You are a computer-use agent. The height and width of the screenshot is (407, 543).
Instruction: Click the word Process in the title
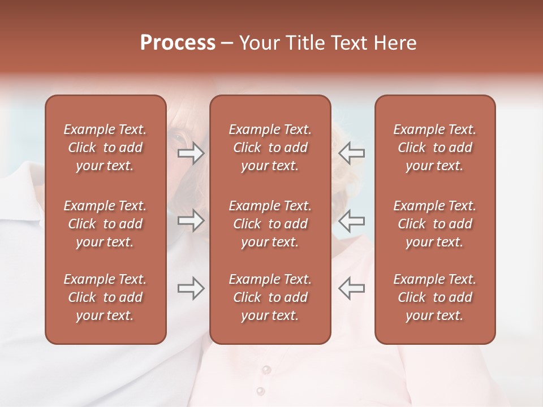click(x=178, y=43)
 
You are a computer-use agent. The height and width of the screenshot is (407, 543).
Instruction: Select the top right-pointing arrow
click(x=191, y=153)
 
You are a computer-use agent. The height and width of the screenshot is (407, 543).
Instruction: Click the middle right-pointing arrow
click(x=191, y=220)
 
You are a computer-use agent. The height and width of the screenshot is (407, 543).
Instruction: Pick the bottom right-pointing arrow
click(x=191, y=288)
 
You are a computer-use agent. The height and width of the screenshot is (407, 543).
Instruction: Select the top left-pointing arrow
click(x=351, y=153)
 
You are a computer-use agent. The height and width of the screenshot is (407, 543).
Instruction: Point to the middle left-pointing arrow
click(x=351, y=220)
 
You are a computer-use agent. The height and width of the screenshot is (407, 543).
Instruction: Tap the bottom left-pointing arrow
click(x=351, y=288)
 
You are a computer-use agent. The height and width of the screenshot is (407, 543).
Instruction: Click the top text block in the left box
click(x=105, y=148)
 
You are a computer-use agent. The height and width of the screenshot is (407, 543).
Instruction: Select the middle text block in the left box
click(x=105, y=224)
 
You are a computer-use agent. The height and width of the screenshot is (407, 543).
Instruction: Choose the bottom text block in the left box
click(x=105, y=297)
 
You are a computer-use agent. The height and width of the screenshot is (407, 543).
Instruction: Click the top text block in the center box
click(x=270, y=148)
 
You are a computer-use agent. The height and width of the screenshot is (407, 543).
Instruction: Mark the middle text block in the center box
click(x=270, y=224)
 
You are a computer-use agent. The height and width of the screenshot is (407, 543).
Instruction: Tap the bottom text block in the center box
click(x=270, y=297)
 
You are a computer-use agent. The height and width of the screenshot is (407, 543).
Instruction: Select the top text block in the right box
click(x=435, y=148)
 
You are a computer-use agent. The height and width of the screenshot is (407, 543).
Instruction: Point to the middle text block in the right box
click(x=435, y=224)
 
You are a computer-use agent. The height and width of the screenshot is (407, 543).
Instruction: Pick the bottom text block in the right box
click(x=435, y=297)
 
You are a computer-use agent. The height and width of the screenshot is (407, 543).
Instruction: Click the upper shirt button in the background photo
click(x=265, y=370)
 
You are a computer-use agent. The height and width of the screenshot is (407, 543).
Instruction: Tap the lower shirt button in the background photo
click(x=260, y=391)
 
